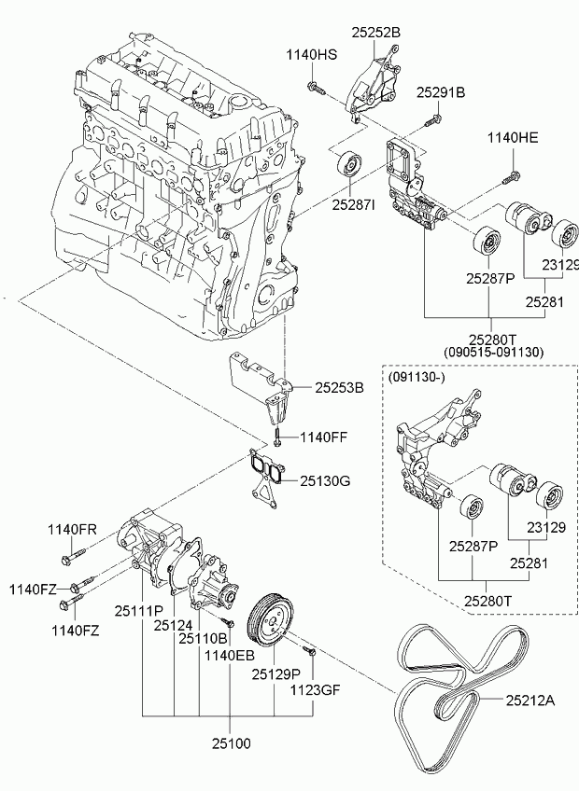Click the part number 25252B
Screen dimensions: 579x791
(376, 33)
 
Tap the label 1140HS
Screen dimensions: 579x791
(312, 55)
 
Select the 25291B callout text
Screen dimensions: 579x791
(441, 92)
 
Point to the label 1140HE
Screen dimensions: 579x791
(513, 137)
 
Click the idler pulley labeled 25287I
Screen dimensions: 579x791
(349, 164)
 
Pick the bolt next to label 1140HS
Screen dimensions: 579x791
(315, 89)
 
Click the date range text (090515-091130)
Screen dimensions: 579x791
(494, 353)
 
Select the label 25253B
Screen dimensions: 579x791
(340, 387)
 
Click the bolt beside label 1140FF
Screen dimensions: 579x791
(276, 437)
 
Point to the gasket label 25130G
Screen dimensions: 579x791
(325, 480)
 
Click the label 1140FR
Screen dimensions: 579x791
(72, 529)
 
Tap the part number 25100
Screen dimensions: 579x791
(231, 743)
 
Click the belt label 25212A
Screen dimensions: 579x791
(530, 701)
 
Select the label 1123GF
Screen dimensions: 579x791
(315, 689)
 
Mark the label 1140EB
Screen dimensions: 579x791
(230, 656)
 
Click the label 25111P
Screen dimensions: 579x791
(139, 611)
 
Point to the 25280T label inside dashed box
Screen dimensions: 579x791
(487, 601)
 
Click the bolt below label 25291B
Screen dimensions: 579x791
(432, 120)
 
